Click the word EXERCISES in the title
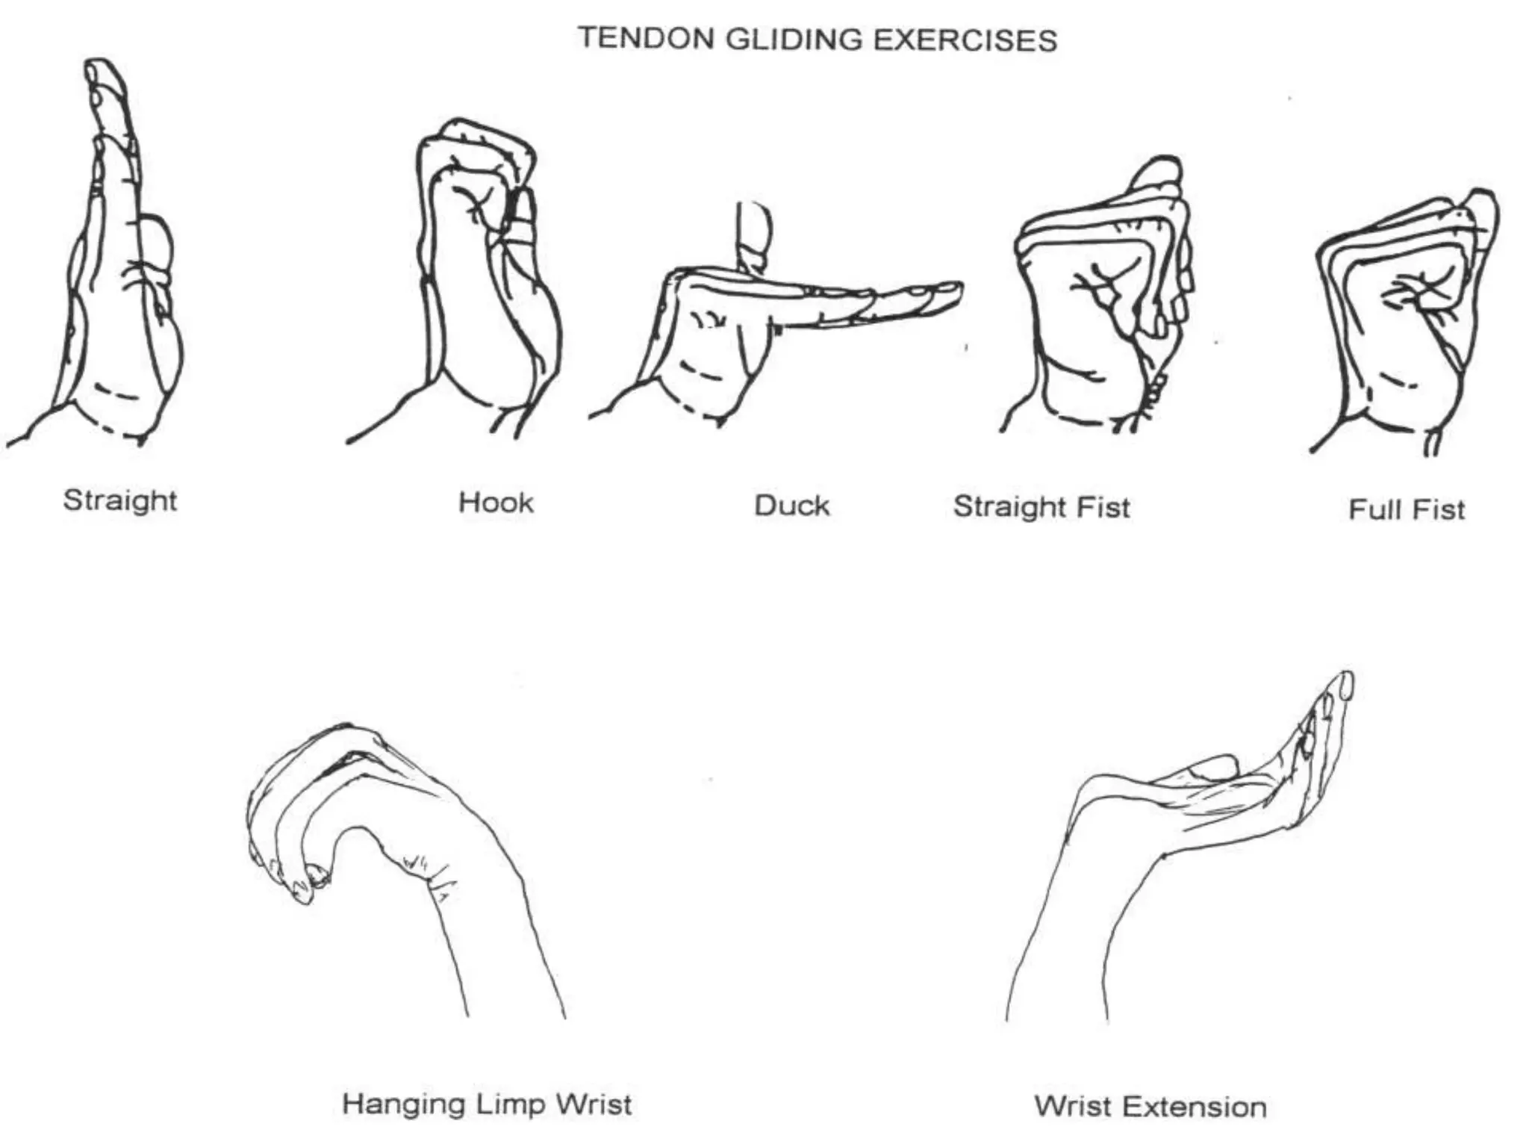tap(965, 40)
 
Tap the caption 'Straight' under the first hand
tap(120, 500)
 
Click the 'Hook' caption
tap(496, 503)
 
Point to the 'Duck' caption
tap(791, 506)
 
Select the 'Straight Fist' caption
tap(1041, 507)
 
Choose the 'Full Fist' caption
tap(1407, 509)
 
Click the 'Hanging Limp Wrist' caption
tap(487, 1104)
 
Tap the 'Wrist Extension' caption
tap(1150, 1106)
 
